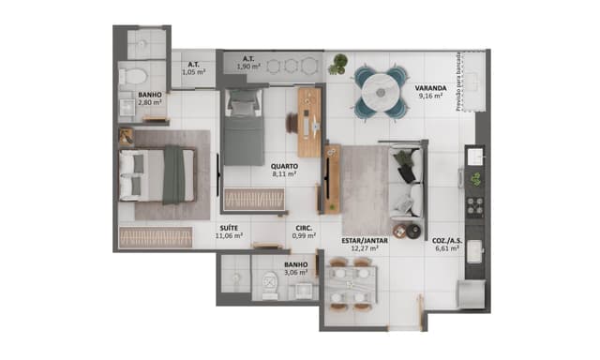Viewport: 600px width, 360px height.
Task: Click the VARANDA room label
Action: (x=430, y=90)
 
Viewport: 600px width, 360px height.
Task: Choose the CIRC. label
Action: (x=303, y=228)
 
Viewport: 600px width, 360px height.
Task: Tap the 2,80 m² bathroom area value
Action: (x=149, y=103)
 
